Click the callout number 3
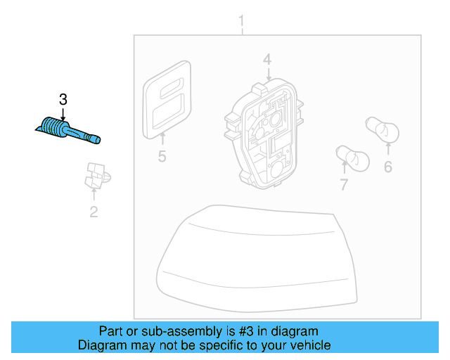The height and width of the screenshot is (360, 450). pos(63,99)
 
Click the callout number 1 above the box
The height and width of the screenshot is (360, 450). pos(241,21)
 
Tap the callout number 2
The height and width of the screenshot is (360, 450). pos(94,212)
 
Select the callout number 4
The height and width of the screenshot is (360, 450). pos(267,60)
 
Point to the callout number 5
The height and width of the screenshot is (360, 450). pos(162,157)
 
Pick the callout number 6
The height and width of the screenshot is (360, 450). pos(388,167)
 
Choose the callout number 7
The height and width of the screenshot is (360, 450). pos(344,184)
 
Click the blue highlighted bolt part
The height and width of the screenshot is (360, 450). pos(67,131)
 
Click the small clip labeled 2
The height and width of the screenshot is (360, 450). pos(97,175)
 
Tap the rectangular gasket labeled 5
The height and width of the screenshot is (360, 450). pos(167,99)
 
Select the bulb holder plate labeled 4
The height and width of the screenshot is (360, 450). pos(264,134)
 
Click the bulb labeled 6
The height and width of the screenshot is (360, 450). pos(382,130)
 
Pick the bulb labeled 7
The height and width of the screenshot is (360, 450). pos(353,159)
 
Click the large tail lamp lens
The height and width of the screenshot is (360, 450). pos(257,258)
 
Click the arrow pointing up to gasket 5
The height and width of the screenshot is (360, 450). pos(162,139)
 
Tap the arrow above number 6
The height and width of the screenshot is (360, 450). pos(388,148)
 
